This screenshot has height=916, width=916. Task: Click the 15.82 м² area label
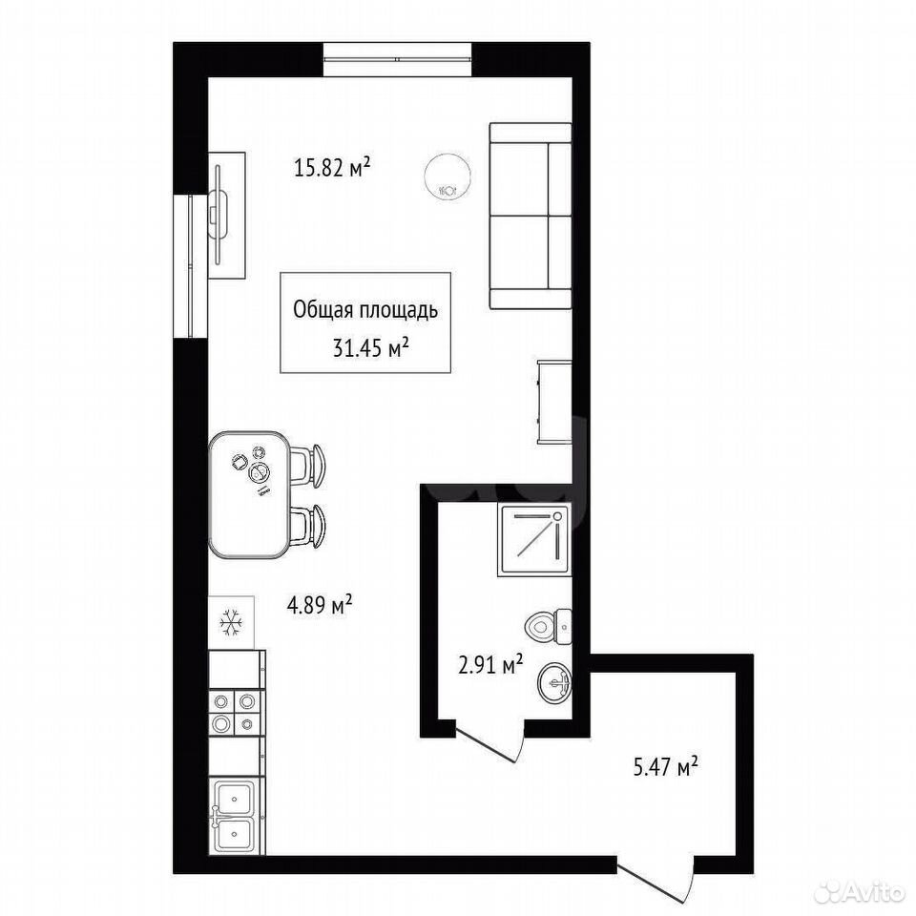[332, 168]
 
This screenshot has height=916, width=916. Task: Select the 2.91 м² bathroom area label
[490, 665]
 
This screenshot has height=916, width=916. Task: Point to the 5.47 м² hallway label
[666, 766]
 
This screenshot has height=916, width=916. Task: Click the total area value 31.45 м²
[370, 348]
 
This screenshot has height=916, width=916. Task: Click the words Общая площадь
[365, 310]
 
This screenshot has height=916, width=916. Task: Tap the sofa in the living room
[530, 216]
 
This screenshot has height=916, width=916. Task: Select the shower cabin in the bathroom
[534, 540]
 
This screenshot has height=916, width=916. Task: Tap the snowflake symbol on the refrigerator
[231, 623]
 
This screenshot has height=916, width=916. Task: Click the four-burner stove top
[236, 712]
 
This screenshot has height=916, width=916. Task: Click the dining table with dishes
[249, 494]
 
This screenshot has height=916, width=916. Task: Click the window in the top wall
[398, 59]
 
